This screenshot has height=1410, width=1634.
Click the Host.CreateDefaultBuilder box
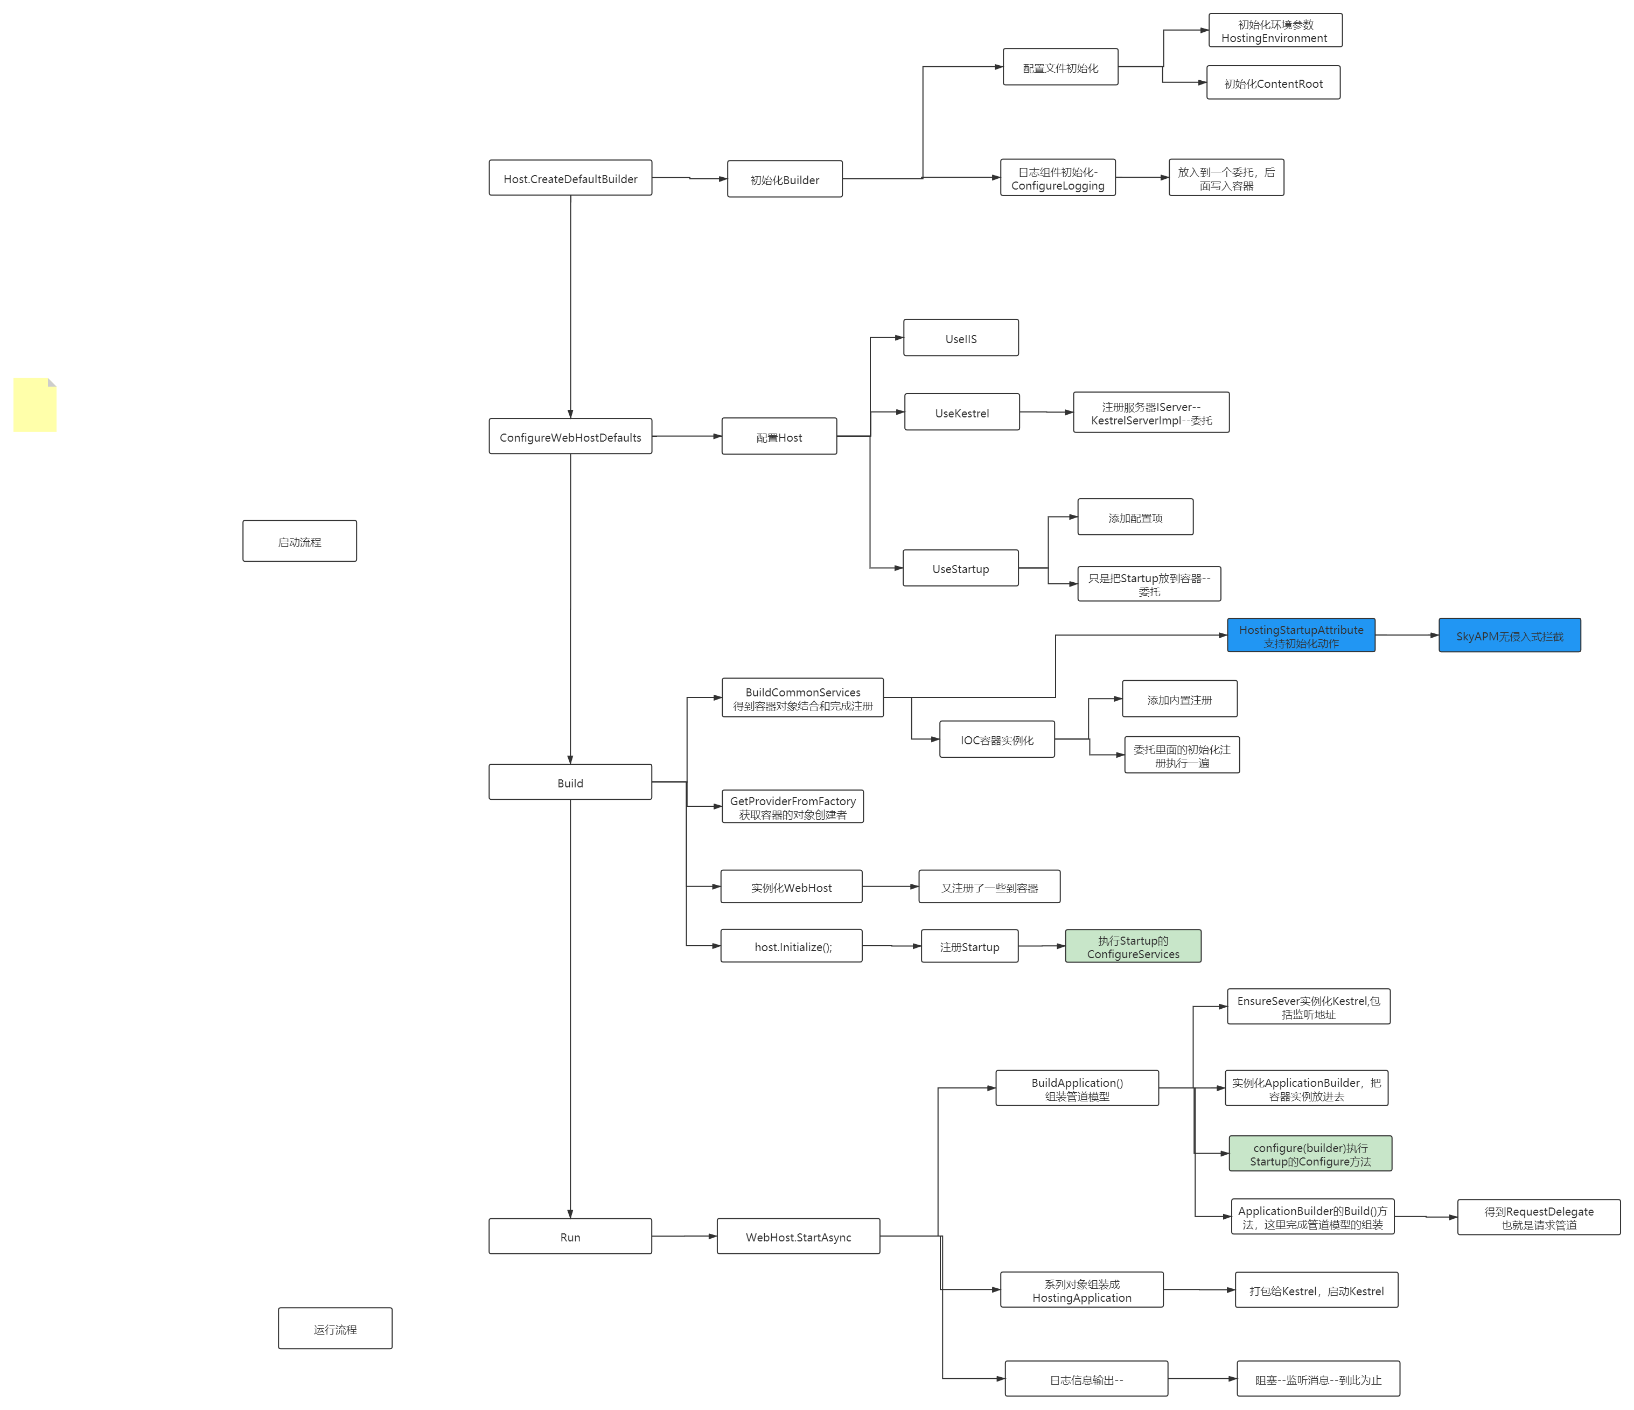(x=570, y=179)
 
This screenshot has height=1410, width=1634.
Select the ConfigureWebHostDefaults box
(x=570, y=437)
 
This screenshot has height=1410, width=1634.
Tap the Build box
(x=570, y=782)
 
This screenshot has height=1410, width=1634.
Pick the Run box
(x=570, y=1237)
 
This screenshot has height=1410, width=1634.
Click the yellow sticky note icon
(x=34, y=404)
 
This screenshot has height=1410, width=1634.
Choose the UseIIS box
(x=961, y=338)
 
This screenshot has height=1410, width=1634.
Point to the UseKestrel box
(x=961, y=413)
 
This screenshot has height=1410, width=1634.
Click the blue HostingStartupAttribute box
(x=1301, y=636)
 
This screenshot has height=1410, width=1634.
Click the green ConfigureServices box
(x=1133, y=946)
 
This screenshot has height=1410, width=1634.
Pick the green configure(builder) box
(x=1310, y=1154)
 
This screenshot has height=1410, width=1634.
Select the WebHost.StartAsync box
(x=798, y=1237)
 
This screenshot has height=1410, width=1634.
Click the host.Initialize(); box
(x=791, y=946)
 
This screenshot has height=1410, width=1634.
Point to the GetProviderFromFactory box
(x=793, y=807)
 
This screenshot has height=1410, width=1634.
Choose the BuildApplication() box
(x=1077, y=1088)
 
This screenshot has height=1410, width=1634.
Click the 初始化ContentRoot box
(x=1273, y=83)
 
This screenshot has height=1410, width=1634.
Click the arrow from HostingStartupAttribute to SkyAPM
(x=1407, y=635)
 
